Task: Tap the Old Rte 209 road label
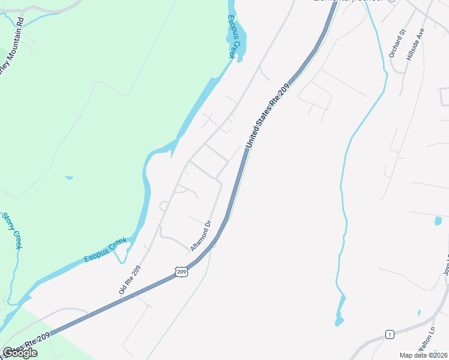click(x=130, y=280)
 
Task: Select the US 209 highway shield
click(x=182, y=272)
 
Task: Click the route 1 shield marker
click(x=390, y=334)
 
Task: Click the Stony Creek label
click(x=13, y=231)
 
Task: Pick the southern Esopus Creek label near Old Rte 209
click(x=106, y=250)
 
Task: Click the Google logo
click(x=20, y=353)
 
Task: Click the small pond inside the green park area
click(x=69, y=178)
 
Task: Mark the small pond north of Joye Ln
click(x=438, y=221)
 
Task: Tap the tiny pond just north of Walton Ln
click(x=419, y=313)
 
